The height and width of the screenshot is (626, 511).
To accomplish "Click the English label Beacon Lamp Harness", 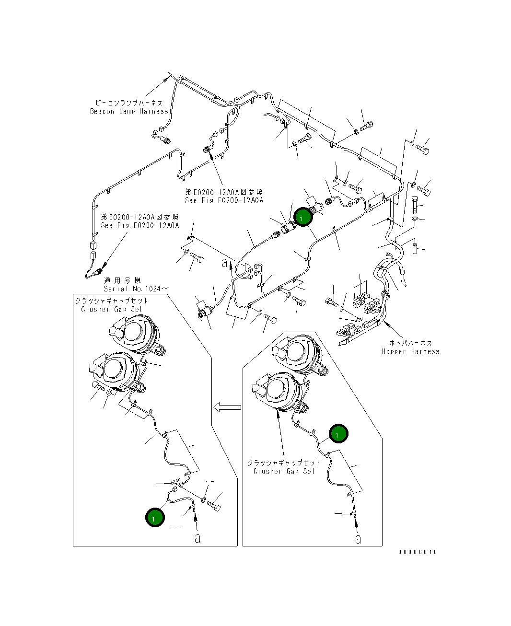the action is tap(129, 111).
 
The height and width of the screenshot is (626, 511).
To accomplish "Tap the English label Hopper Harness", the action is tap(410, 351).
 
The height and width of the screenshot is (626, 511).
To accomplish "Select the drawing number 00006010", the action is tap(418, 552).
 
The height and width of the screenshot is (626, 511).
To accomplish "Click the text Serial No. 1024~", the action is tap(136, 289).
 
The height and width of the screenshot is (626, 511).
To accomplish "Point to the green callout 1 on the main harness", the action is tap(303, 217).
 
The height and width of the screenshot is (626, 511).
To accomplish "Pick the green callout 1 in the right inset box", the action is tap(338, 434).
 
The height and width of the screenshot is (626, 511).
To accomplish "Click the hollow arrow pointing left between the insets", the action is tap(227, 407).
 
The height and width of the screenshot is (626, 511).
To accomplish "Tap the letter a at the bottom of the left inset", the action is tap(197, 538).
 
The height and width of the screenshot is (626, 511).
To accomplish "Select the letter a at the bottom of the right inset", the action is tap(358, 539).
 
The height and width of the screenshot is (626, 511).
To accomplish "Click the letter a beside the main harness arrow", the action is tap(225, 263).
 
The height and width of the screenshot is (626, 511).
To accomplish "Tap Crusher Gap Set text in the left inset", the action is tap(112, 309).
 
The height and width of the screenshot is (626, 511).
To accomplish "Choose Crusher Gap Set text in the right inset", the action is tap(284, 471).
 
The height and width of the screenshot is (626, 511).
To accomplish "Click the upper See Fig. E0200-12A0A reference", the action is tap(224, 200).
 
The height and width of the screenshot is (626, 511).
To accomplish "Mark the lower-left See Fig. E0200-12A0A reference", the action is tap(140, 225).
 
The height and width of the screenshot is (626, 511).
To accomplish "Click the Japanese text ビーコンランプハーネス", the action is tap(129, 103).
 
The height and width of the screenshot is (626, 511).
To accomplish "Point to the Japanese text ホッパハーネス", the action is tap(410, 343).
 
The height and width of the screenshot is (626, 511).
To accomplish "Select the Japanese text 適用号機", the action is tap(122, 280).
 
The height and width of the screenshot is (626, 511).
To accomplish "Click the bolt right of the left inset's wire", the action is tap(214, 506).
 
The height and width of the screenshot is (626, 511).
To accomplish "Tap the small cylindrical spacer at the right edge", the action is tap(415, 248).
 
